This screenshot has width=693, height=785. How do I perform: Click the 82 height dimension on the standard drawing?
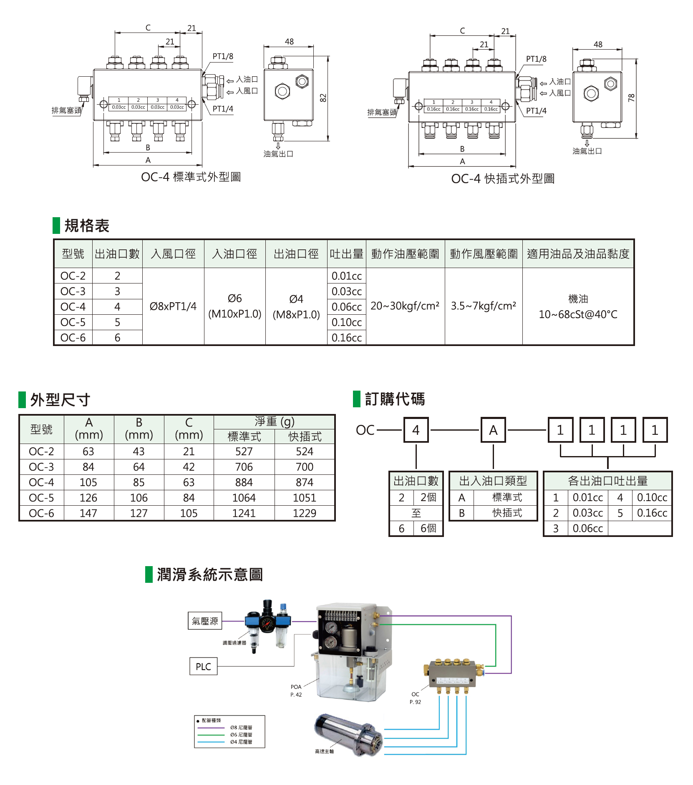click(x=323, y=98)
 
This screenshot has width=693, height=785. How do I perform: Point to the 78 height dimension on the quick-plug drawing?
click(x=631, y=98)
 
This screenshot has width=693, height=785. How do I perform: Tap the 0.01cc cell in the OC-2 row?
click(x=346, y=276)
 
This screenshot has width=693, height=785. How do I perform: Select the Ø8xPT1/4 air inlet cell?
click(x=173, y=306)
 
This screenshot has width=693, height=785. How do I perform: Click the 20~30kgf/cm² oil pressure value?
click(x=405, y=306)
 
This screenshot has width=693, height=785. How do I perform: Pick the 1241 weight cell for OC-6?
click(x=244, y=513)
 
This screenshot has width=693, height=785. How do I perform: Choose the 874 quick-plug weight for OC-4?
click(x=305, y=482)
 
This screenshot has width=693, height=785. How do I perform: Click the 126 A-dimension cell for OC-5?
click(x=88, y=498)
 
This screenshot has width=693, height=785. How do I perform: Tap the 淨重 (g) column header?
click(x=274, y=422)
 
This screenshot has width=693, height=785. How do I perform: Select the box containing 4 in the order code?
click(x=416, y=430)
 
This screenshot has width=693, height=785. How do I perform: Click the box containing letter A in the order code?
click(x=493, y=430)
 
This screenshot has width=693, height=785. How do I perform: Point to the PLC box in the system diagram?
click(x=204, y=667)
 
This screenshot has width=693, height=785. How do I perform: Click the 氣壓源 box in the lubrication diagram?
click(x=205, y=621)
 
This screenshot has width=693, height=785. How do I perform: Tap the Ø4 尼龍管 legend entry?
click(x=241, y=742)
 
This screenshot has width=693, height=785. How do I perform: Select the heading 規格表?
click(x=87, y=226)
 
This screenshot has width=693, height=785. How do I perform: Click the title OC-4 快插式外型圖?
click(x=503, y=179)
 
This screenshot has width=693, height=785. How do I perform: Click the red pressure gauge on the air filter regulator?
click(x=266, y=624)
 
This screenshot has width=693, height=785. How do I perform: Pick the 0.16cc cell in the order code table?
click(x=652, y=513)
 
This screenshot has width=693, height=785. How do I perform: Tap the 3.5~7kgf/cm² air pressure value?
click(x=483, y=306)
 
